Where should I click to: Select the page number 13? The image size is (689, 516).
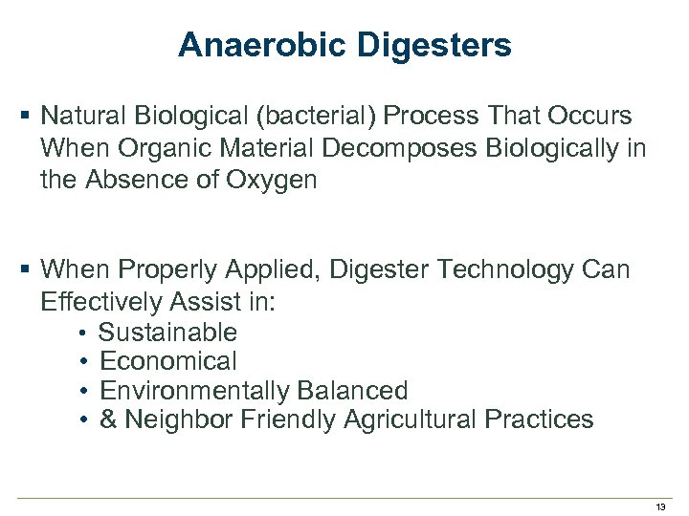[x=660, y=506]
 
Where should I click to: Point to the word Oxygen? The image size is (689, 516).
[x=270, y=180]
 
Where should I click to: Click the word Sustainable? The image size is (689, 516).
[x=167, y=333]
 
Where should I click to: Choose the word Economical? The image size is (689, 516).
[x=167, y=361]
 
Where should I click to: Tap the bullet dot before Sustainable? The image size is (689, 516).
[x=85, y=333]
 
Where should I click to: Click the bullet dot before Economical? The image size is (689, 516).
[x=85, y=362]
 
